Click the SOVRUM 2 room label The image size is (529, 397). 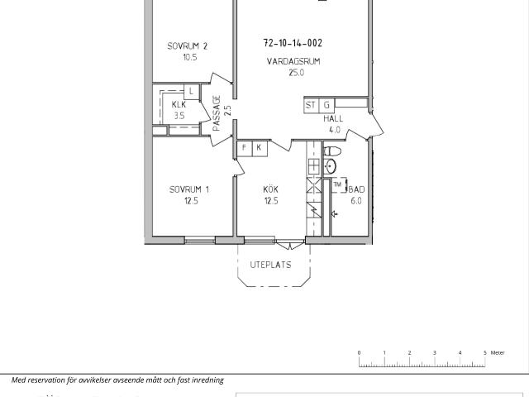coord(188,46)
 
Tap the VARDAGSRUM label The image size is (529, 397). coord(293,61)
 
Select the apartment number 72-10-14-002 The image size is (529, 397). coord(293,43)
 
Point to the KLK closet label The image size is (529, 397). coord(179,104)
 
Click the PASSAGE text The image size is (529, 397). coord(217,113)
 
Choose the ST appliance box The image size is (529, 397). coord(311,105)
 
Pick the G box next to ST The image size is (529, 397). coord(326,105)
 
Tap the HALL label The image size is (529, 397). coord(333,118)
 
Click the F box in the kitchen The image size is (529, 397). coord(245,148)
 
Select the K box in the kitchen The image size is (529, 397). coord(260,148)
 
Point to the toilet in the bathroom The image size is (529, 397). coord(332,151)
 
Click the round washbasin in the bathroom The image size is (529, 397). coord(331,166)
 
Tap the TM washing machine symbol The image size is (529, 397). coord(338,185)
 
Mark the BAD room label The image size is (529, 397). coord(356,189)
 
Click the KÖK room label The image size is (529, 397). coord(270,189)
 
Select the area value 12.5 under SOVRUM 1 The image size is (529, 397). coord(191,201)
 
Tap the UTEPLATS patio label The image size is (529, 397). coord(270,265)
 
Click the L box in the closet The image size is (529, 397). coord(191,91)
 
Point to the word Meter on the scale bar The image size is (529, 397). coord(498,353)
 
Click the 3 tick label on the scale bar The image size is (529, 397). coord(435,353)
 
